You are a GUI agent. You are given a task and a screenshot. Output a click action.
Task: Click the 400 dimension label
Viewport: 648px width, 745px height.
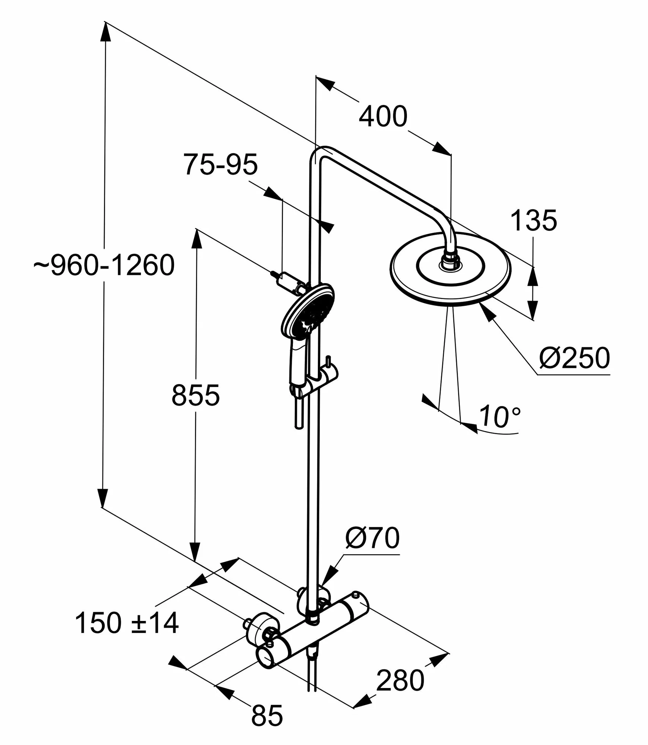pos(383,117)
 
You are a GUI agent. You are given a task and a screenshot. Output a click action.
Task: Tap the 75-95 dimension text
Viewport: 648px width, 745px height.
pos(221,164)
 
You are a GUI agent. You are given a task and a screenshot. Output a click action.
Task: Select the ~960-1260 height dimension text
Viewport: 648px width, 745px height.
pos(104,266)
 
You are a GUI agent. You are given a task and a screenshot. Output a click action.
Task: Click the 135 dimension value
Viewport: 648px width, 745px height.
pos(533,221)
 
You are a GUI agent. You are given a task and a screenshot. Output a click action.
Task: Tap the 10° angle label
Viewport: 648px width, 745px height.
pos(499,416)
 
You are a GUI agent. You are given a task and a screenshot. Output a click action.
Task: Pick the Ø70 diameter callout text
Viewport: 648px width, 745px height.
pos(372,538)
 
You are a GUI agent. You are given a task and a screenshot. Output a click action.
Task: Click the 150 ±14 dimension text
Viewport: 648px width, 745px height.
pos(127,623)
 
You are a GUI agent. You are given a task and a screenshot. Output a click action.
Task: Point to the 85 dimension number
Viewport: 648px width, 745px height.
pos(267,715)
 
